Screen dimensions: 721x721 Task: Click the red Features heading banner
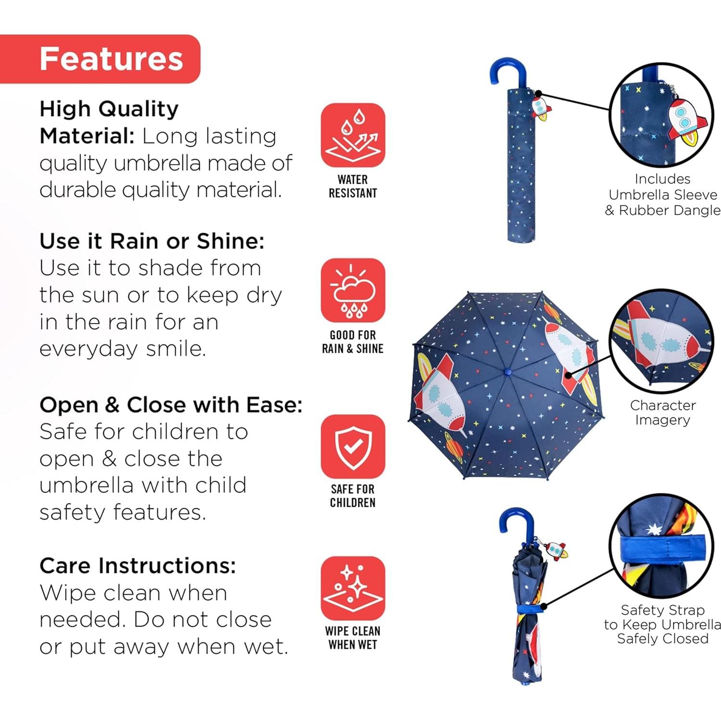click(x=100, y=59)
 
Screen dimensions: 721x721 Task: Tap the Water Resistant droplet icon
click(x=353, y=135)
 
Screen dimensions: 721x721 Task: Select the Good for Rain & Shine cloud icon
click(x=353, y=291)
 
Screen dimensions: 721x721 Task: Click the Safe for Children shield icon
click(x=353, y=447)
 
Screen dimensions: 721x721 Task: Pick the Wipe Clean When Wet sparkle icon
click(x=353, y=588)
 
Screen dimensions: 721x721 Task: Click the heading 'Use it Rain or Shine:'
click(x=152, y=241)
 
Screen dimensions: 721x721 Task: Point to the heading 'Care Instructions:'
click(x=138, y=566)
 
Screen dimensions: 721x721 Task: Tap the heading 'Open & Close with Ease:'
click(x=171, y=405)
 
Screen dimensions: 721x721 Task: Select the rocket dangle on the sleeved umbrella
click(x=541, y=108)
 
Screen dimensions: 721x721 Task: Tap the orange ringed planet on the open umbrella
click(x=453, y=448)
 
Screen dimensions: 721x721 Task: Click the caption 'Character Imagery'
click(x=663, y=412)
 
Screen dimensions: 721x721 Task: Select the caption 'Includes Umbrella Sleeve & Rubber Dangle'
click(x=663, y=194)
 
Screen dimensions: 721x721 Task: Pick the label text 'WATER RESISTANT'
click(x=353, y=186)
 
